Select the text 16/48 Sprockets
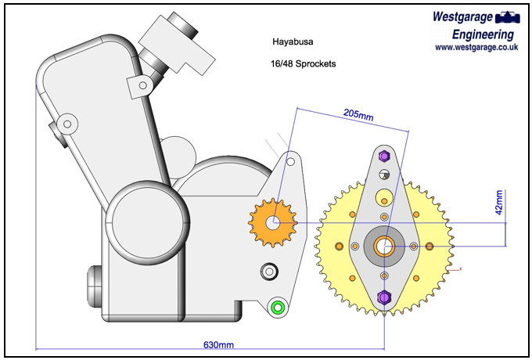304,63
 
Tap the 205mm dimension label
358,113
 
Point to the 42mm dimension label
500,203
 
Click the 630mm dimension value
219,344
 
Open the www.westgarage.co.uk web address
476,47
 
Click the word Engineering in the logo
483,34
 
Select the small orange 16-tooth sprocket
272,222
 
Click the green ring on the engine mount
276,307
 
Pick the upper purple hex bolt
383,155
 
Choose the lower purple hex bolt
383,297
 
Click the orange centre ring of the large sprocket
383,247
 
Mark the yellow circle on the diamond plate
383,196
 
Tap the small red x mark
461,269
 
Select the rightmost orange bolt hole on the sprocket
429,247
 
